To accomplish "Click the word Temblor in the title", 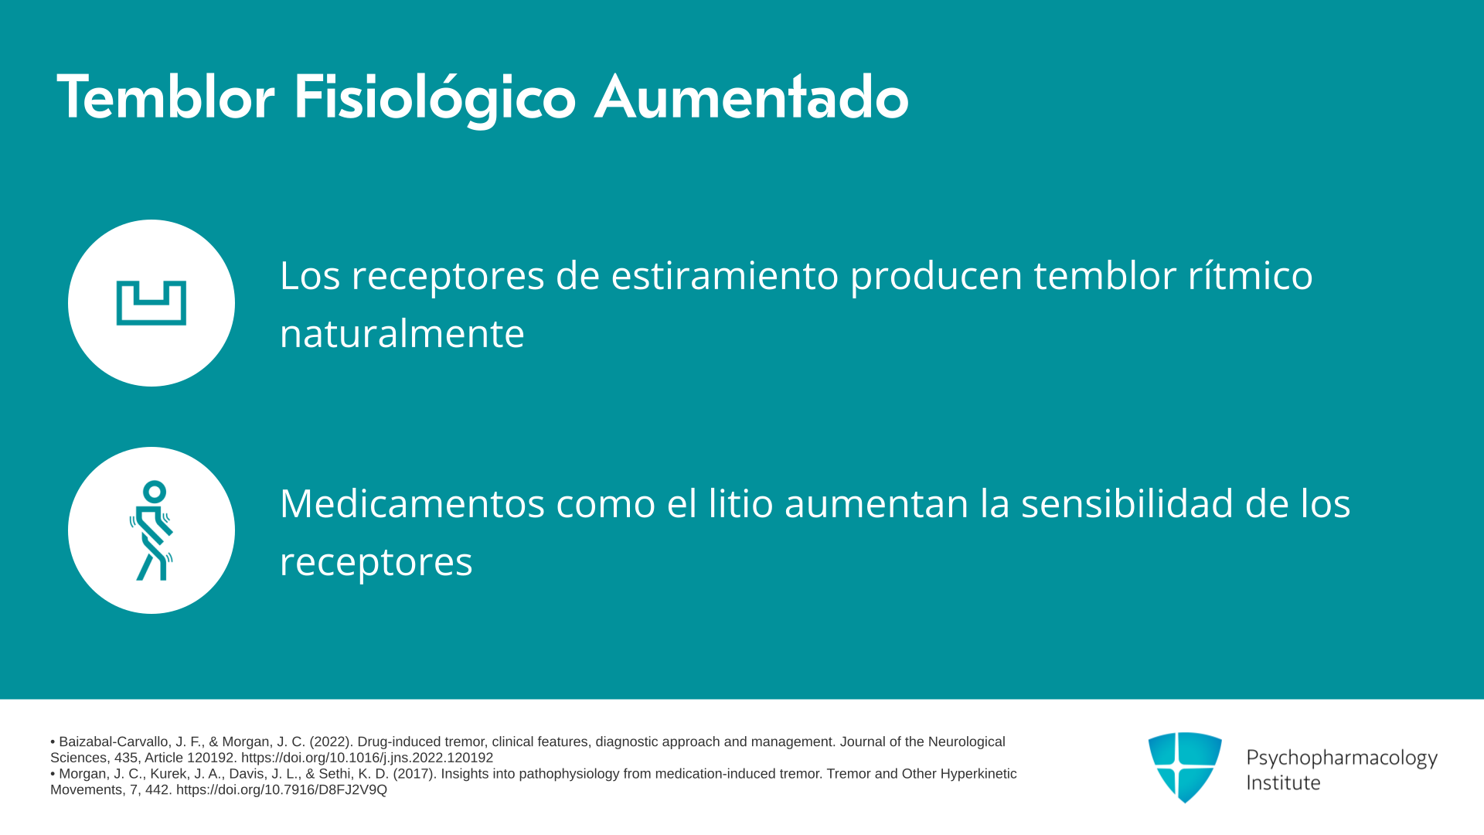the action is (x=165, y=97).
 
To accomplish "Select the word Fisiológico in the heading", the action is (x=434, y=99).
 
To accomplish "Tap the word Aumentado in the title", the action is (x=751, y=97).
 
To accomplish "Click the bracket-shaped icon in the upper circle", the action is (x=151, y=303).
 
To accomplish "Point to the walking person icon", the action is (x=151, y=530).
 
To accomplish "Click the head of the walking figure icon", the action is (x=155, y=492).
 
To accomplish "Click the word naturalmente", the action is (x=402, y=333).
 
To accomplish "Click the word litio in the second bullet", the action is (x=741, y=503).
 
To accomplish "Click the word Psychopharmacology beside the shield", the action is (x=1342, y=758).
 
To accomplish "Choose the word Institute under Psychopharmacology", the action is (x=1283, y=782).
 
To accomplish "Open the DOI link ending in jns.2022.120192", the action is (x=367, y=758).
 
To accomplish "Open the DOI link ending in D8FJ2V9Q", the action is (x=281, y=789).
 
